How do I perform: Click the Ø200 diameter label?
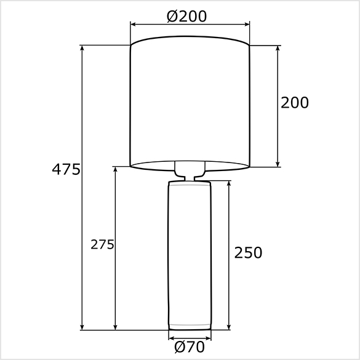[x=186, y=17]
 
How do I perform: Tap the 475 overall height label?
[x=66, y=169]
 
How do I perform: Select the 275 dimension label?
[x=102, y=244]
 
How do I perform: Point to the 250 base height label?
[x=248, y=252]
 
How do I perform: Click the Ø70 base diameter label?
[x=189, y=346]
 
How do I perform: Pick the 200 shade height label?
[x=295, y=102]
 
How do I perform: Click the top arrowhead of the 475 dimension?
[x=82, y=47]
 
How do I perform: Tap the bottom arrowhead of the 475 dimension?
[x=82, y=327]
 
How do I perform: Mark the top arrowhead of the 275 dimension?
[x=115, y=169]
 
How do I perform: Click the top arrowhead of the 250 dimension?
[x=229, y=183]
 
